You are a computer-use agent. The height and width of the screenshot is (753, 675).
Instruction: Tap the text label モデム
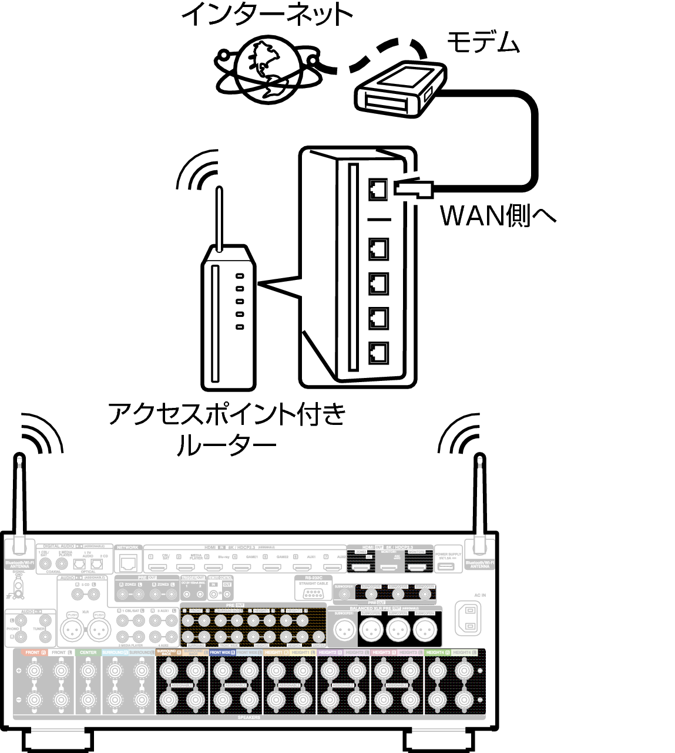[x=483, y=42]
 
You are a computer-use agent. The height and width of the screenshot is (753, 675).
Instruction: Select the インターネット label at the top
[x=267, y=14]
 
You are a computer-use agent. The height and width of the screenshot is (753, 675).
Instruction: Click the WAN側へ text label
[x=497, y=215]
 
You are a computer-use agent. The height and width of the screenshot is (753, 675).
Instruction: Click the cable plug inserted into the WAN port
[x=414, y=188]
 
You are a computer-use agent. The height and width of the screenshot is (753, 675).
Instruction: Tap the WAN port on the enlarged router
[x=378, y=188]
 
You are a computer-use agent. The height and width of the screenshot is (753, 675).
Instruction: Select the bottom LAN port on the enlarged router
[x=378, y=352]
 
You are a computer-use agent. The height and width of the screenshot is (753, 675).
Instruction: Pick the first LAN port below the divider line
[x=378, y=249]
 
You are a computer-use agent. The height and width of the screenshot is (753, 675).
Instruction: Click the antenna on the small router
[x=219, y=217]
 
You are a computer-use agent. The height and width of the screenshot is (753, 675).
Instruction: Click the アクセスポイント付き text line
[x=227, y=414]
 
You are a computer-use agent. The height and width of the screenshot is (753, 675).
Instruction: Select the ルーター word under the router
[x=226, y=446]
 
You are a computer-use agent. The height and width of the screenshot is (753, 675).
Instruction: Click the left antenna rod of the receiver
[x=20, y=499]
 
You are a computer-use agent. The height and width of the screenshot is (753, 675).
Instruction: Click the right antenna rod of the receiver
[x=481, y=499]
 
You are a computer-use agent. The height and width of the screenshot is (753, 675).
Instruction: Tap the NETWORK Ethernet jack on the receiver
[x=127, y=563]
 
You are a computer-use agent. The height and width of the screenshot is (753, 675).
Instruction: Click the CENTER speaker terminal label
[x=88, y=653]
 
